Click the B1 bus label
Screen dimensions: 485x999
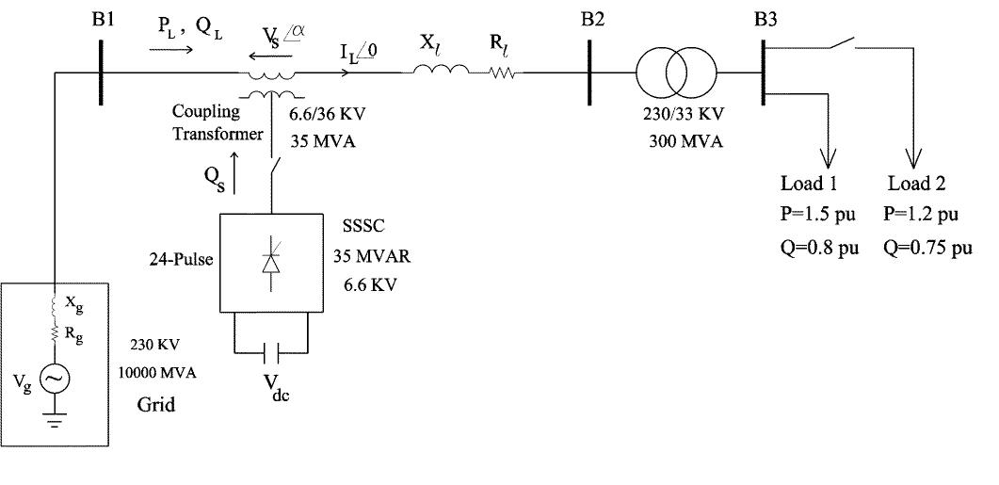click(x=104, y=19)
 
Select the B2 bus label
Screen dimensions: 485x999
click(x=592, y=19)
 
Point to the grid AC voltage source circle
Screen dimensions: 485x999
click(x=54, y=378)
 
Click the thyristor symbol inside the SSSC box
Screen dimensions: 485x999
click(x=271, y=263)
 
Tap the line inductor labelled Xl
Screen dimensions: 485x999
click(x=442, y=71)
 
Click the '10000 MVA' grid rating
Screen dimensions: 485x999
click(x=157, y=373)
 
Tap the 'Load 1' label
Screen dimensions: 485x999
click(x=809, y=183)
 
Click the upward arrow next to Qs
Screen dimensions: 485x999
click(x=236, y=175)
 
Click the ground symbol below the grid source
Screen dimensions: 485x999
click(x=54, y=421)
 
